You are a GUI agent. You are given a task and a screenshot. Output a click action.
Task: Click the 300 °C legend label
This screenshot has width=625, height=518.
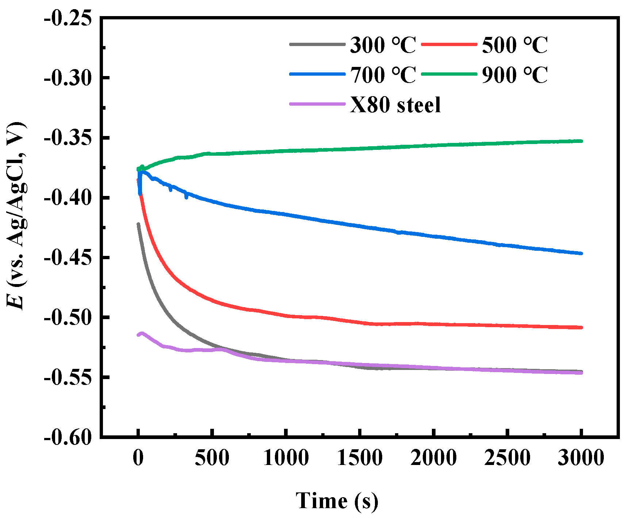(x=383, y=45)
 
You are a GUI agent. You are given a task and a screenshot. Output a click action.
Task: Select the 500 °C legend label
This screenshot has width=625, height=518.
(x=514, y=45)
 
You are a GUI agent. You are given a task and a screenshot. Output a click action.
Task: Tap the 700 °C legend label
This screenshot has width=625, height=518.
(x=383, y=75)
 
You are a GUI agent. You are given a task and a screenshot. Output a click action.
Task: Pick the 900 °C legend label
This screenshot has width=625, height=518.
(x=514, y=75)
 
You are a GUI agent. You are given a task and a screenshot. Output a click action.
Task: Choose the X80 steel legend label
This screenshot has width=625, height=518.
(x=395, y=105)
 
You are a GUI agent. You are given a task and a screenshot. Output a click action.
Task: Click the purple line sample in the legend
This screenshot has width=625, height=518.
(x=317, y=104)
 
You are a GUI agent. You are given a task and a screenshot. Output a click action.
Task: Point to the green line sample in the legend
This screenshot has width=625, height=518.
(x=449, y=74)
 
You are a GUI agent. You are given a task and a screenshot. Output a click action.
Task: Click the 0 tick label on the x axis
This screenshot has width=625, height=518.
(x=138, y=458)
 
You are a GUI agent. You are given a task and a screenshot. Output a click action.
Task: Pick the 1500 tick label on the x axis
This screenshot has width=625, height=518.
(x=360, y=458)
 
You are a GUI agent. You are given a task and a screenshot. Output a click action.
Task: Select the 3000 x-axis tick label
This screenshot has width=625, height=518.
(x=581, y=458)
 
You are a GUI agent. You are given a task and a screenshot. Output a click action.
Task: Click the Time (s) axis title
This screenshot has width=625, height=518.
(x=337, y=500)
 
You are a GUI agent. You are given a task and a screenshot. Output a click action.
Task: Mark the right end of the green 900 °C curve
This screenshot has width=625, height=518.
(x=581, y=141)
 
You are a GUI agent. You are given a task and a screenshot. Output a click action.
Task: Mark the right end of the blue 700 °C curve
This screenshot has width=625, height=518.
(x=581, y=253)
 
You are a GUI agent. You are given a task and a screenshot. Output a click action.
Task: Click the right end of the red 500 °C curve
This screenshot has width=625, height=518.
(x=581, y=328)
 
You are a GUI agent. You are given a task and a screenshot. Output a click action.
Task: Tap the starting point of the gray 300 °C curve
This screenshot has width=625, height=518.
(x=138, y=224)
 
